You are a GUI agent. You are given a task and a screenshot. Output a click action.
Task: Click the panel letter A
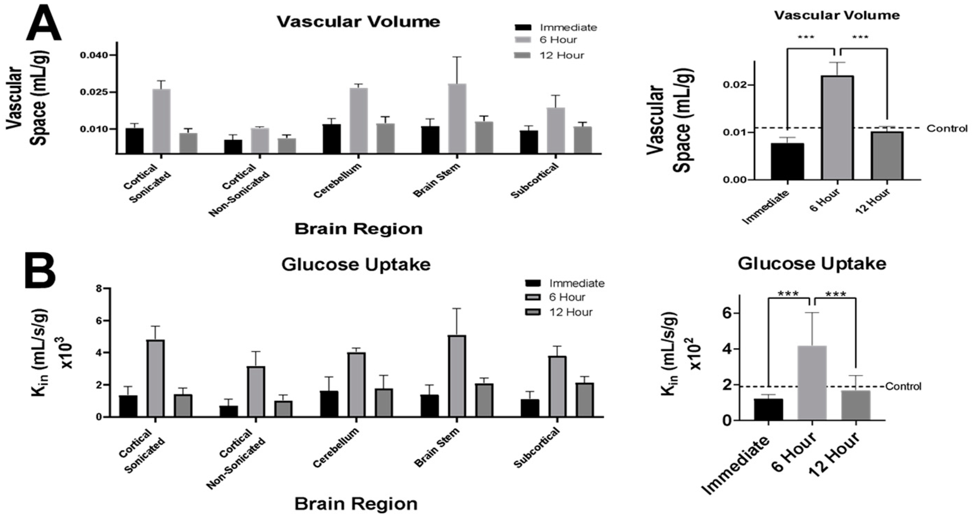click(43, 24)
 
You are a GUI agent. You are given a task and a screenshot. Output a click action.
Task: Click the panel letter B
click(40, 271)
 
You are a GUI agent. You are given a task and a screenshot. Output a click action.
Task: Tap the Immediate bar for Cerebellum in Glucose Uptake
click(329, 404)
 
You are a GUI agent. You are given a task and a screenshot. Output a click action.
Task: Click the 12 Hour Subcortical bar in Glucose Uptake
click(584, 400)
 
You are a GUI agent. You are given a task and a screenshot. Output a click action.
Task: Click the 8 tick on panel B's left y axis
click(99, 289)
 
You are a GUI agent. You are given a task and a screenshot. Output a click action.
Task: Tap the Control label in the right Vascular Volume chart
click(947, 128)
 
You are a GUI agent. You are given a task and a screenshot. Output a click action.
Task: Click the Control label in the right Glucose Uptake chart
click(903, 387)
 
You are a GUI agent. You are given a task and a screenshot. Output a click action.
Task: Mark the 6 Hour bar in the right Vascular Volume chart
click(837, 128)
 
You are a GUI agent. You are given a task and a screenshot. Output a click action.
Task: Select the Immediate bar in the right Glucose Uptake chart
click(768, 409)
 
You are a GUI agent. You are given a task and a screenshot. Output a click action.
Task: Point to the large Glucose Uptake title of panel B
click(356, 264)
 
